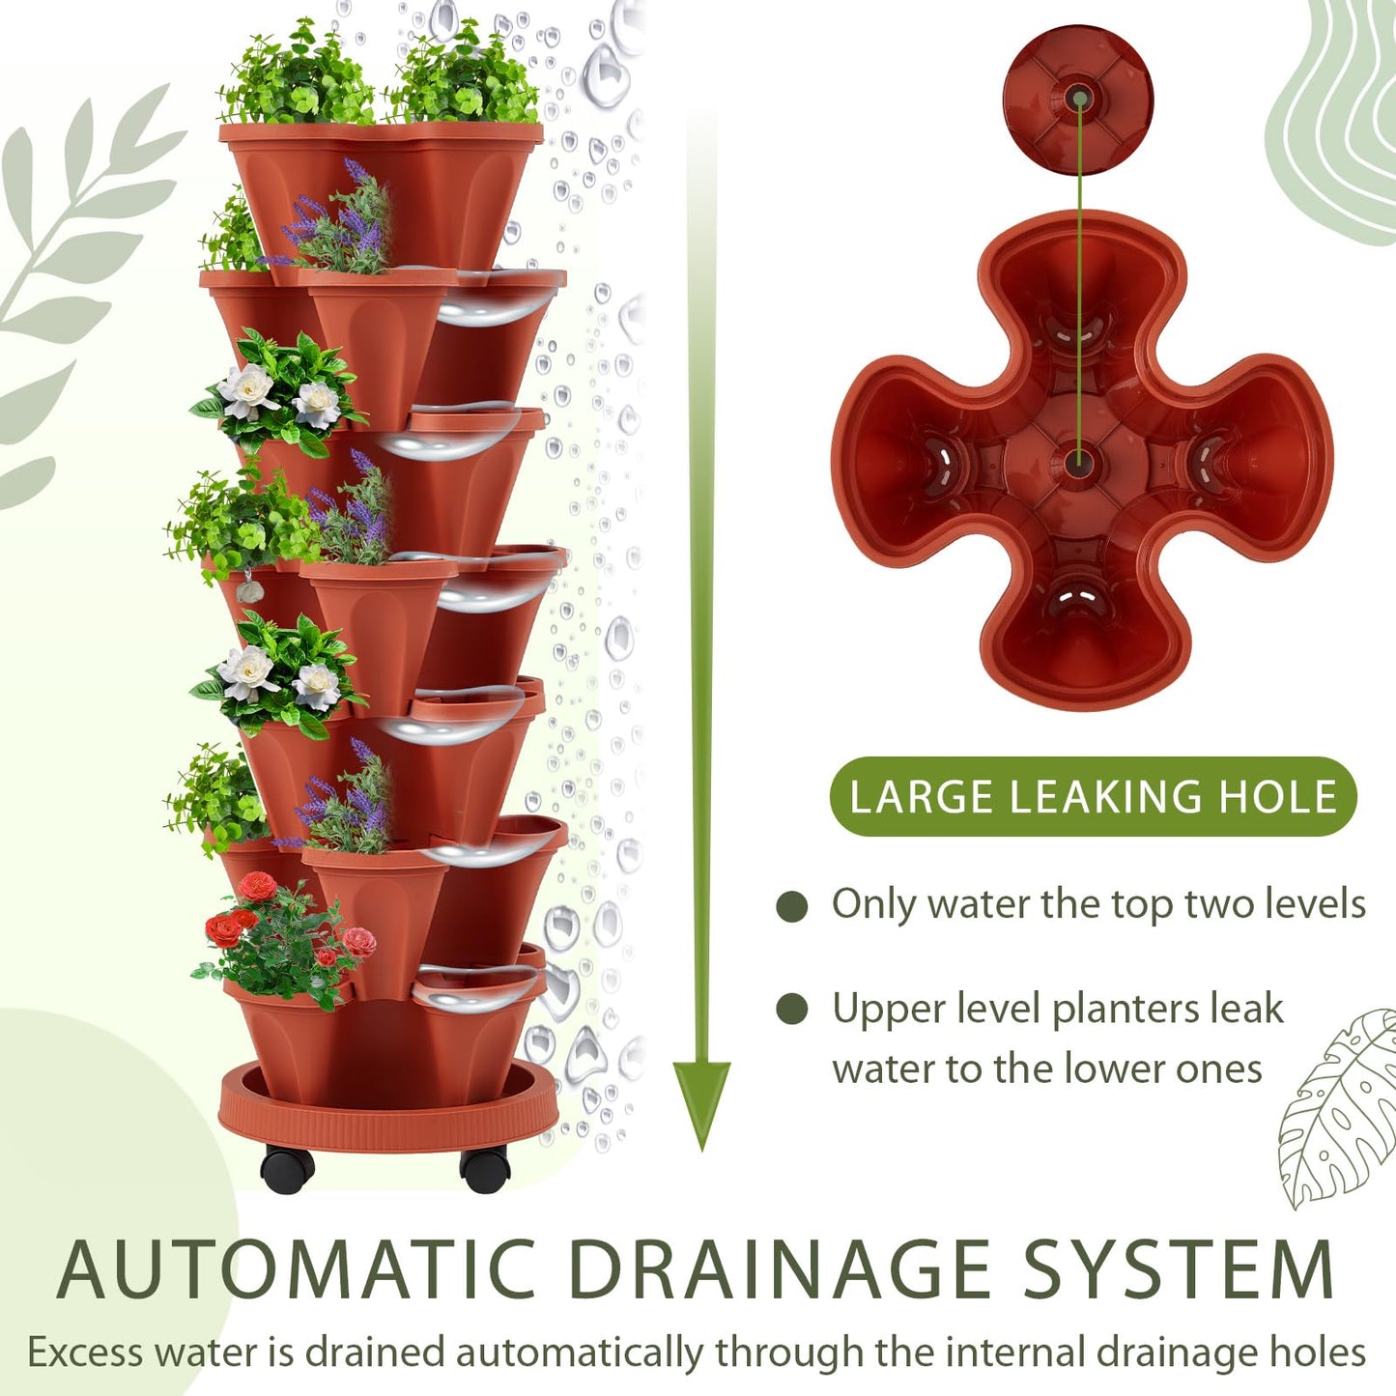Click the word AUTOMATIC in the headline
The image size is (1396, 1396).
(296, 1268)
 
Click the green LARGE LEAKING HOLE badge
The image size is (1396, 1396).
(1093, 797)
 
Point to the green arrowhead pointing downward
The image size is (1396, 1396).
(701, 1101)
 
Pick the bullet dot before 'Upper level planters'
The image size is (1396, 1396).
(792, 1010)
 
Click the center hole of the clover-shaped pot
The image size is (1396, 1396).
(1079, 462)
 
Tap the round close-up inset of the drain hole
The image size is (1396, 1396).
(1078, 100)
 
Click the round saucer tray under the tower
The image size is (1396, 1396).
(387, 1111)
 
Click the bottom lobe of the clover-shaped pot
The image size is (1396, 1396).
(1079, 628)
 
